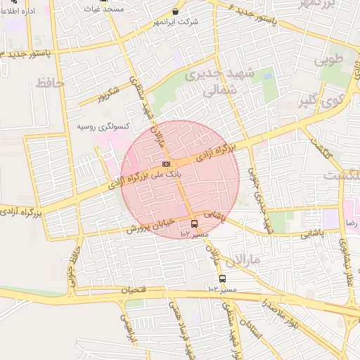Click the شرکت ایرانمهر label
[x=176, y=22]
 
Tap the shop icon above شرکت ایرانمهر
[x=175, y=11]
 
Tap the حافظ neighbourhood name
[x=49, y=83]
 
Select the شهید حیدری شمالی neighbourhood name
[x=218, y=82]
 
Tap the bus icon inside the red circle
[x=194, y=224]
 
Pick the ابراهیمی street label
[x=126, y=328]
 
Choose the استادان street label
[x=250, y=330]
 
